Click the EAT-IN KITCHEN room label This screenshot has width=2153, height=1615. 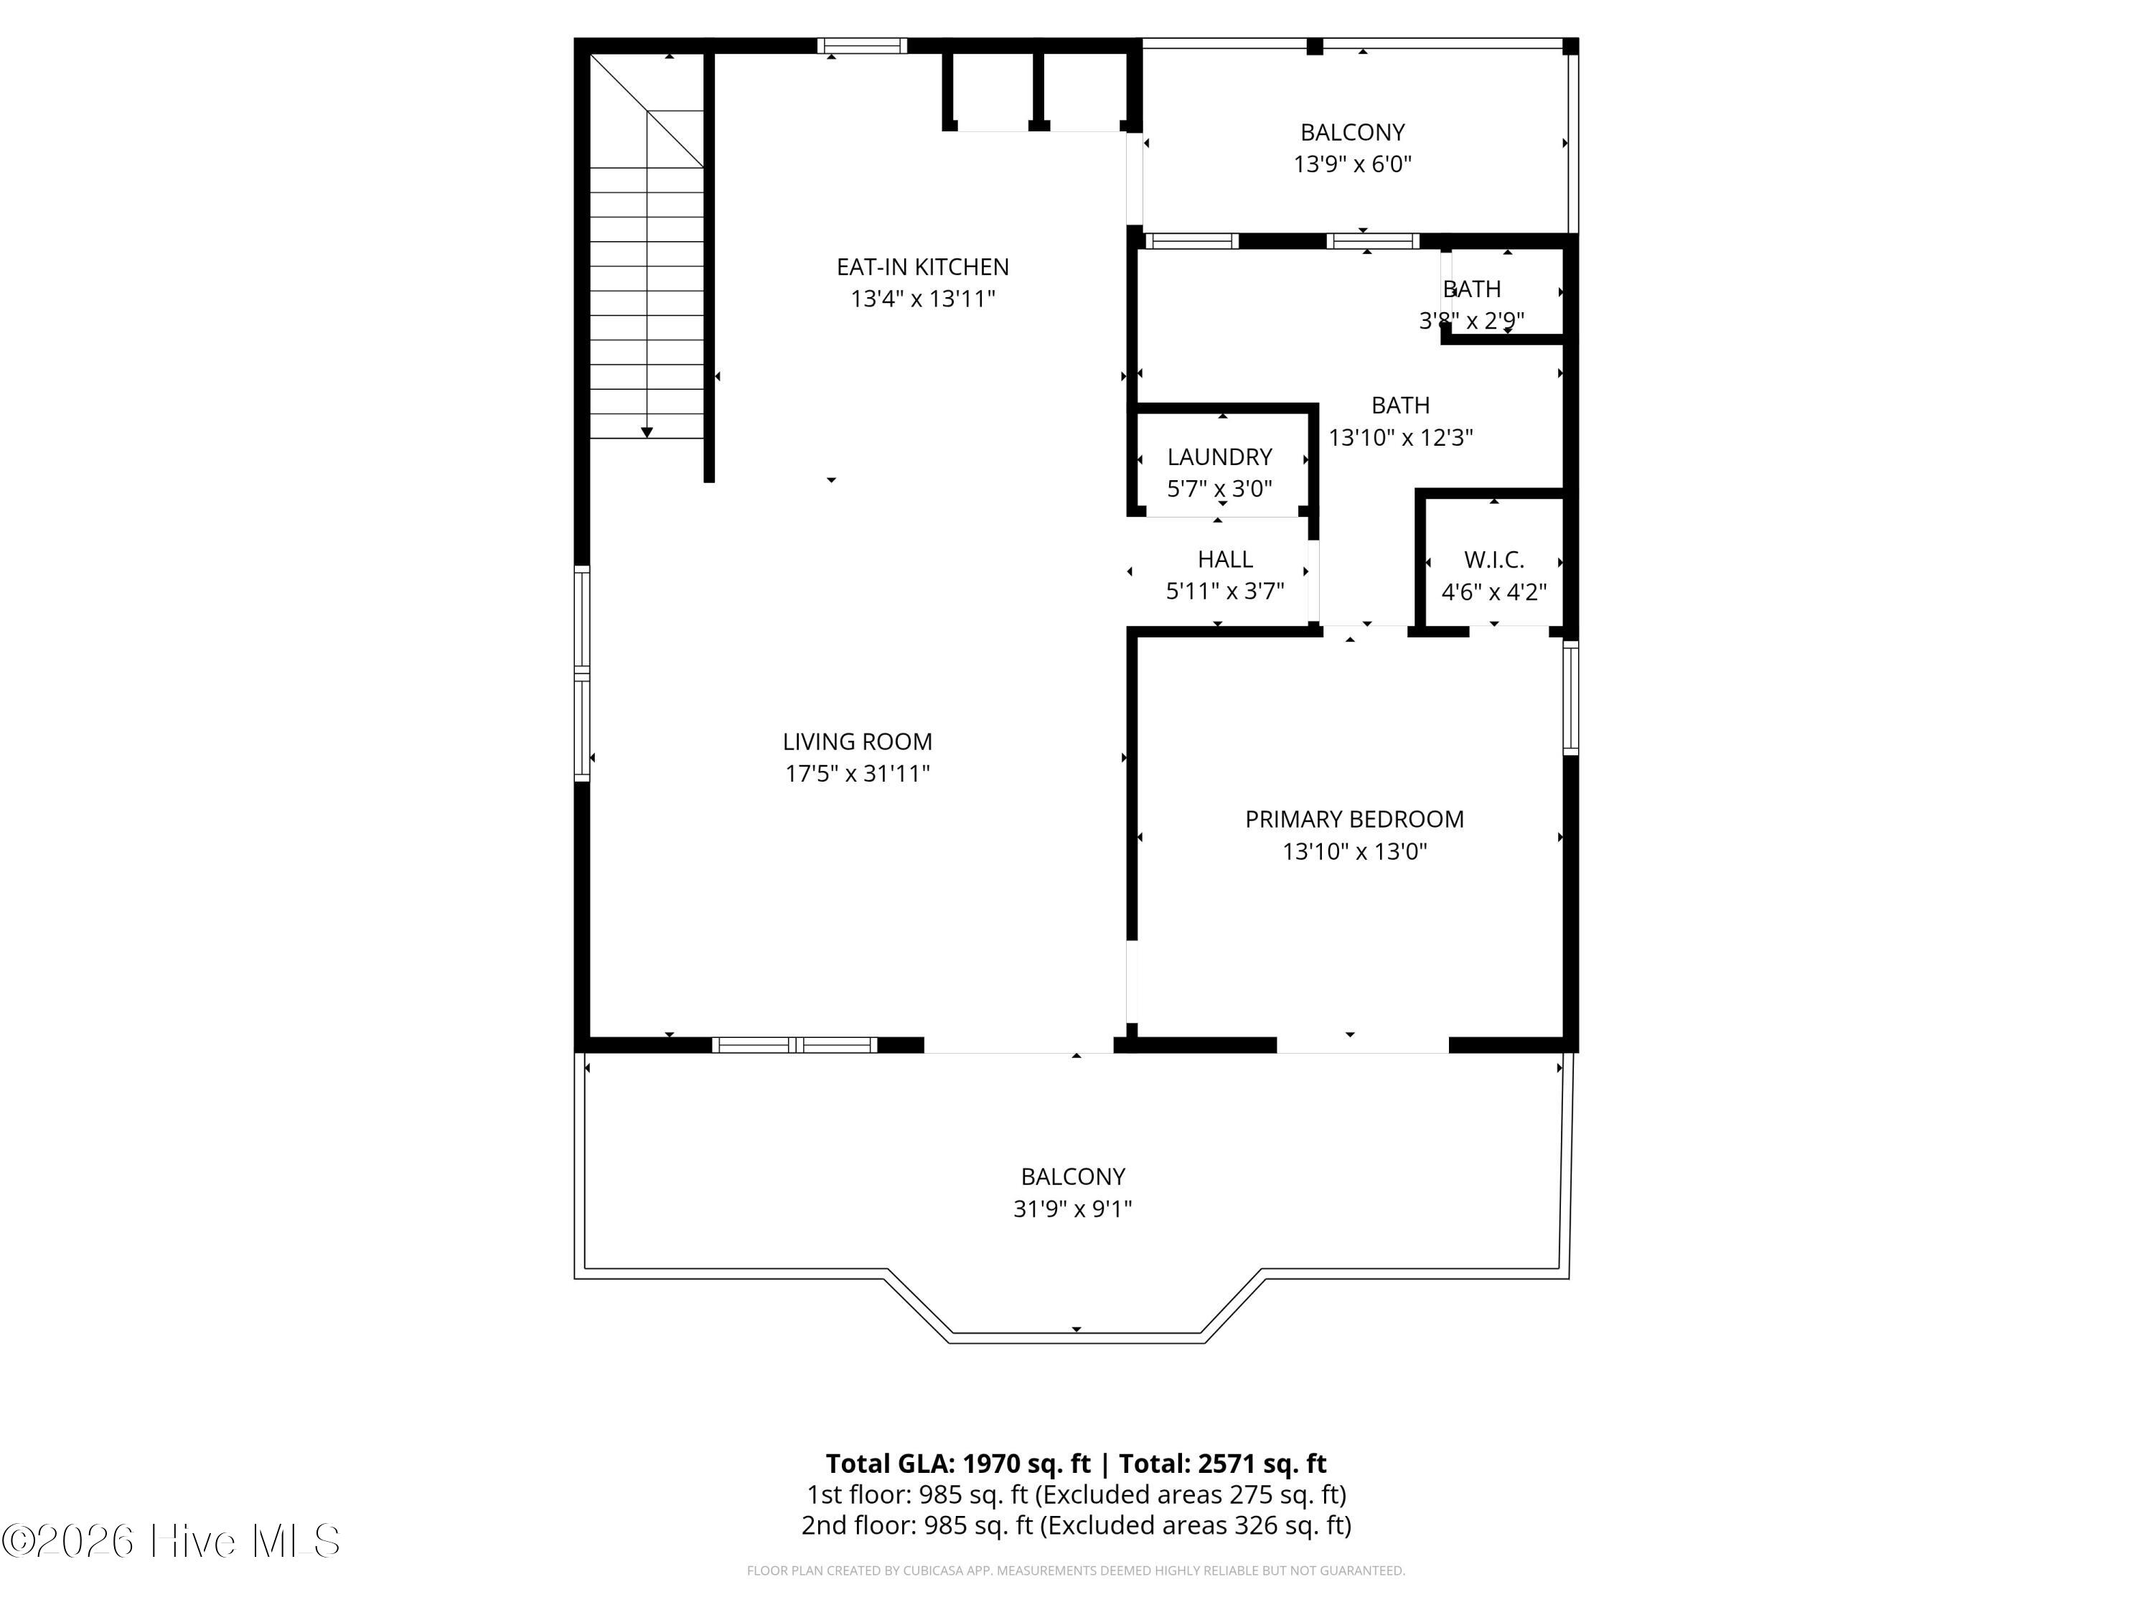pos(923,267)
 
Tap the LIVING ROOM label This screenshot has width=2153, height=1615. pos(858,741)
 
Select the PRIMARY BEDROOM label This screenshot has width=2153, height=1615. pos(1354,820)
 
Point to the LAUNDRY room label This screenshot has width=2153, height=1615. pos(1219,457)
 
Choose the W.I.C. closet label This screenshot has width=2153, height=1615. pos(1494,560)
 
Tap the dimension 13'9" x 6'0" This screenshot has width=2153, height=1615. pos(1352,164)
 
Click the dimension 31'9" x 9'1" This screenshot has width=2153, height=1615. pos(1073,1209)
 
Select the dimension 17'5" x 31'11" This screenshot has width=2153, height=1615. pos(858,774)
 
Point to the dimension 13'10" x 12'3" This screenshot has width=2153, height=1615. pos(1401,438)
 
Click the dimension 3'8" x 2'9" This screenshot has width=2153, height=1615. pos(1472,320)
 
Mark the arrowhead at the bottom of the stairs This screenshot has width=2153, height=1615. pos(647,432)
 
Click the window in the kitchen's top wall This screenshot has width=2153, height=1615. pos(861,46)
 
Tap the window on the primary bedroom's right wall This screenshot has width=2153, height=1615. pos(1570,697)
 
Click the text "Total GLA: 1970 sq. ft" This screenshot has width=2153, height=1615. pos(959,1463)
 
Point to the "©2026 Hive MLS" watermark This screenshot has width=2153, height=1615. pos(170,1541)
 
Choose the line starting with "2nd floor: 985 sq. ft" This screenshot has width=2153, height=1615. pos(1076,1525)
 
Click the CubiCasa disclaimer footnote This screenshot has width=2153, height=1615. pos(1076,1570)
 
